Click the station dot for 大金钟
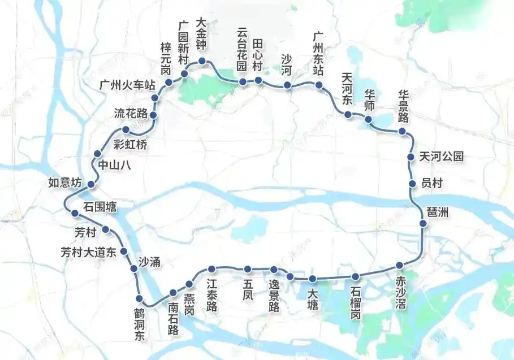pos(201,62)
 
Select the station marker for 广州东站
pos(319,85)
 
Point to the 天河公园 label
pos(441,157)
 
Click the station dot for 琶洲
pos(423,224)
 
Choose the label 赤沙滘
pos(401,288)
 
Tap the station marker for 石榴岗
pos(356,276)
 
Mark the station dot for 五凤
pos(247,269)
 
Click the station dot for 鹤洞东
pos(139,298)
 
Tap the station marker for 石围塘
pos(74,212)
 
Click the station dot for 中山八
pos(97,154)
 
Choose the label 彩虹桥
pos(130,145)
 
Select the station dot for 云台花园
pos(243,82)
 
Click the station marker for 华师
pos(368,119)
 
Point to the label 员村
pos(433,183)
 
